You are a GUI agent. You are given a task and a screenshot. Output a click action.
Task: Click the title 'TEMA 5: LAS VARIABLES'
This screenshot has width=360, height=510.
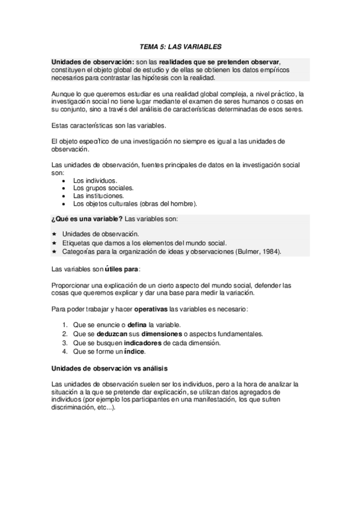point(180,46)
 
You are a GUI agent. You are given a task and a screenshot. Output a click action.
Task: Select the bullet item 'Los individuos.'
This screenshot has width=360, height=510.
point(95,180)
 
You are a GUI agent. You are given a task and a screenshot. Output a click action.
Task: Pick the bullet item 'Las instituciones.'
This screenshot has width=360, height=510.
point(99,195)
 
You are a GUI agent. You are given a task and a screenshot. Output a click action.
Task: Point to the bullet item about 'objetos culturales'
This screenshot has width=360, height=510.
point(139,203)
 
